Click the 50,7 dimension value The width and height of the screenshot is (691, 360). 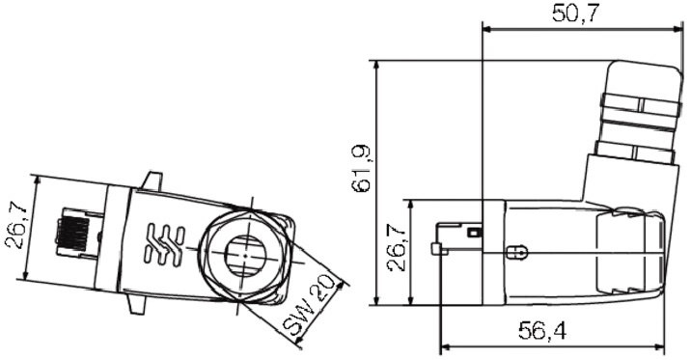(x=575, y=14)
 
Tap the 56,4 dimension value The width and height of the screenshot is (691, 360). (x=542, y=330)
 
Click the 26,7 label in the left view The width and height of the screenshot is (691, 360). (x=15, y=227)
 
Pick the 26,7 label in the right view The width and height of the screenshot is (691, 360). (x=397, y=249)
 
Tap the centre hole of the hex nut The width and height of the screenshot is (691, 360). (x=243, y=255)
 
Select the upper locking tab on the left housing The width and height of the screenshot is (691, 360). (x=152, y=181)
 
